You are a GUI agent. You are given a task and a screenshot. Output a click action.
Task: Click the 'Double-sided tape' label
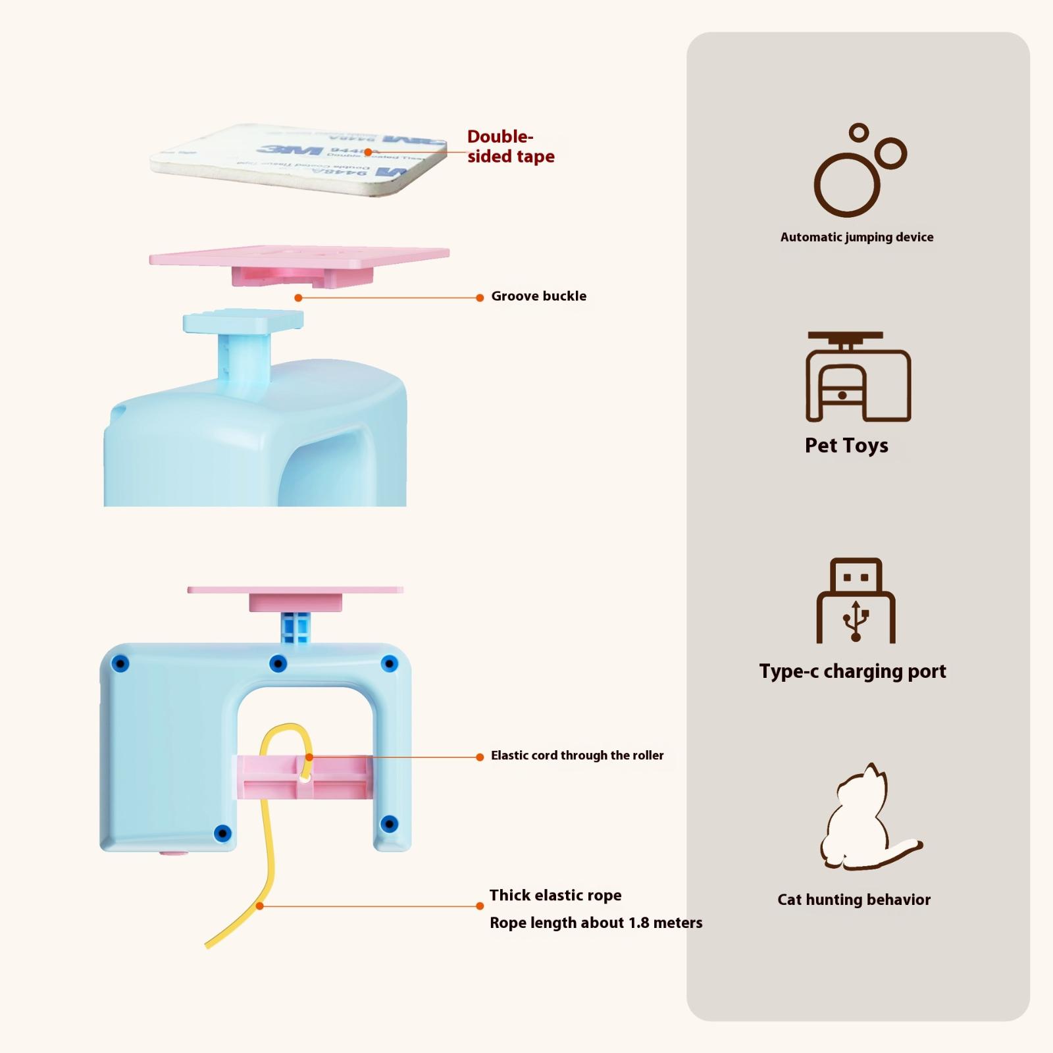(x=511, y=147)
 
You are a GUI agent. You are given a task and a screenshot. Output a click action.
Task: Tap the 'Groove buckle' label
(x=538, y=296)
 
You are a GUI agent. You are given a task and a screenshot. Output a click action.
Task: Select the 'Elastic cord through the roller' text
(x=577, y=756)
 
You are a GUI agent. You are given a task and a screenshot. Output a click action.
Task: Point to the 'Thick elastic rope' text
(x=555, y=895)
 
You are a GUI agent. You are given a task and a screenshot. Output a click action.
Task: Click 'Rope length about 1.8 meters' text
(x=596, y=923)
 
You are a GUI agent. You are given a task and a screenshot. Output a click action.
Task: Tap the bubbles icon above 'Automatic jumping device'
(x=858, y=171)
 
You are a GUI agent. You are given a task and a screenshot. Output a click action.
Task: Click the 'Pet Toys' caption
(x=846, y=446)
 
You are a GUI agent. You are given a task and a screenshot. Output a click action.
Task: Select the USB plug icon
(x=856, y=601)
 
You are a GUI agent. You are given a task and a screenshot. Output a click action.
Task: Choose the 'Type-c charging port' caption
(x=852, y=671)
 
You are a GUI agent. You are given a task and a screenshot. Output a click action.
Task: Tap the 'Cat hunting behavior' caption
(x=854, y=900)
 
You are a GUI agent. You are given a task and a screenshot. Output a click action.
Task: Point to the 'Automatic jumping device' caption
(x=856, y=237)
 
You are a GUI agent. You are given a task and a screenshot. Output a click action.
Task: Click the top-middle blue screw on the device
(x=278, y=663)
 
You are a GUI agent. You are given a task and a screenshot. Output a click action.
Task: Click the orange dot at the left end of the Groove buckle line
(x=298, y=298)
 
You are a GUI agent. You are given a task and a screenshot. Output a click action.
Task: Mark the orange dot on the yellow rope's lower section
(x=260, y=906)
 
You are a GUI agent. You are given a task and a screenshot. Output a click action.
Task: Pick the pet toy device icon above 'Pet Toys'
(x=858, y=376)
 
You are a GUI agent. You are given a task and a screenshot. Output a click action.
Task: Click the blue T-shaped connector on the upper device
(x=244, y=342)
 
